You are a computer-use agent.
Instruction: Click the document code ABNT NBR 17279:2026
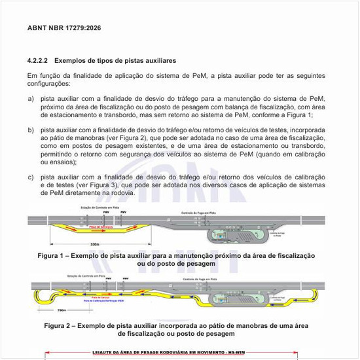tap(63, 29)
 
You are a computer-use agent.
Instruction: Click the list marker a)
tap(30, 98)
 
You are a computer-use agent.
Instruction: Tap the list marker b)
tap(30, 130)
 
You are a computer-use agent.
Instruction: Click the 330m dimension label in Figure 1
tap(94, 244)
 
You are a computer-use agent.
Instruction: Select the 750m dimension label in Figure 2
tap(62, 310)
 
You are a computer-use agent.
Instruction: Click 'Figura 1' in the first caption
tap(53, 255)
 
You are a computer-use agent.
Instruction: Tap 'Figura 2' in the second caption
tap(61, 325)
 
